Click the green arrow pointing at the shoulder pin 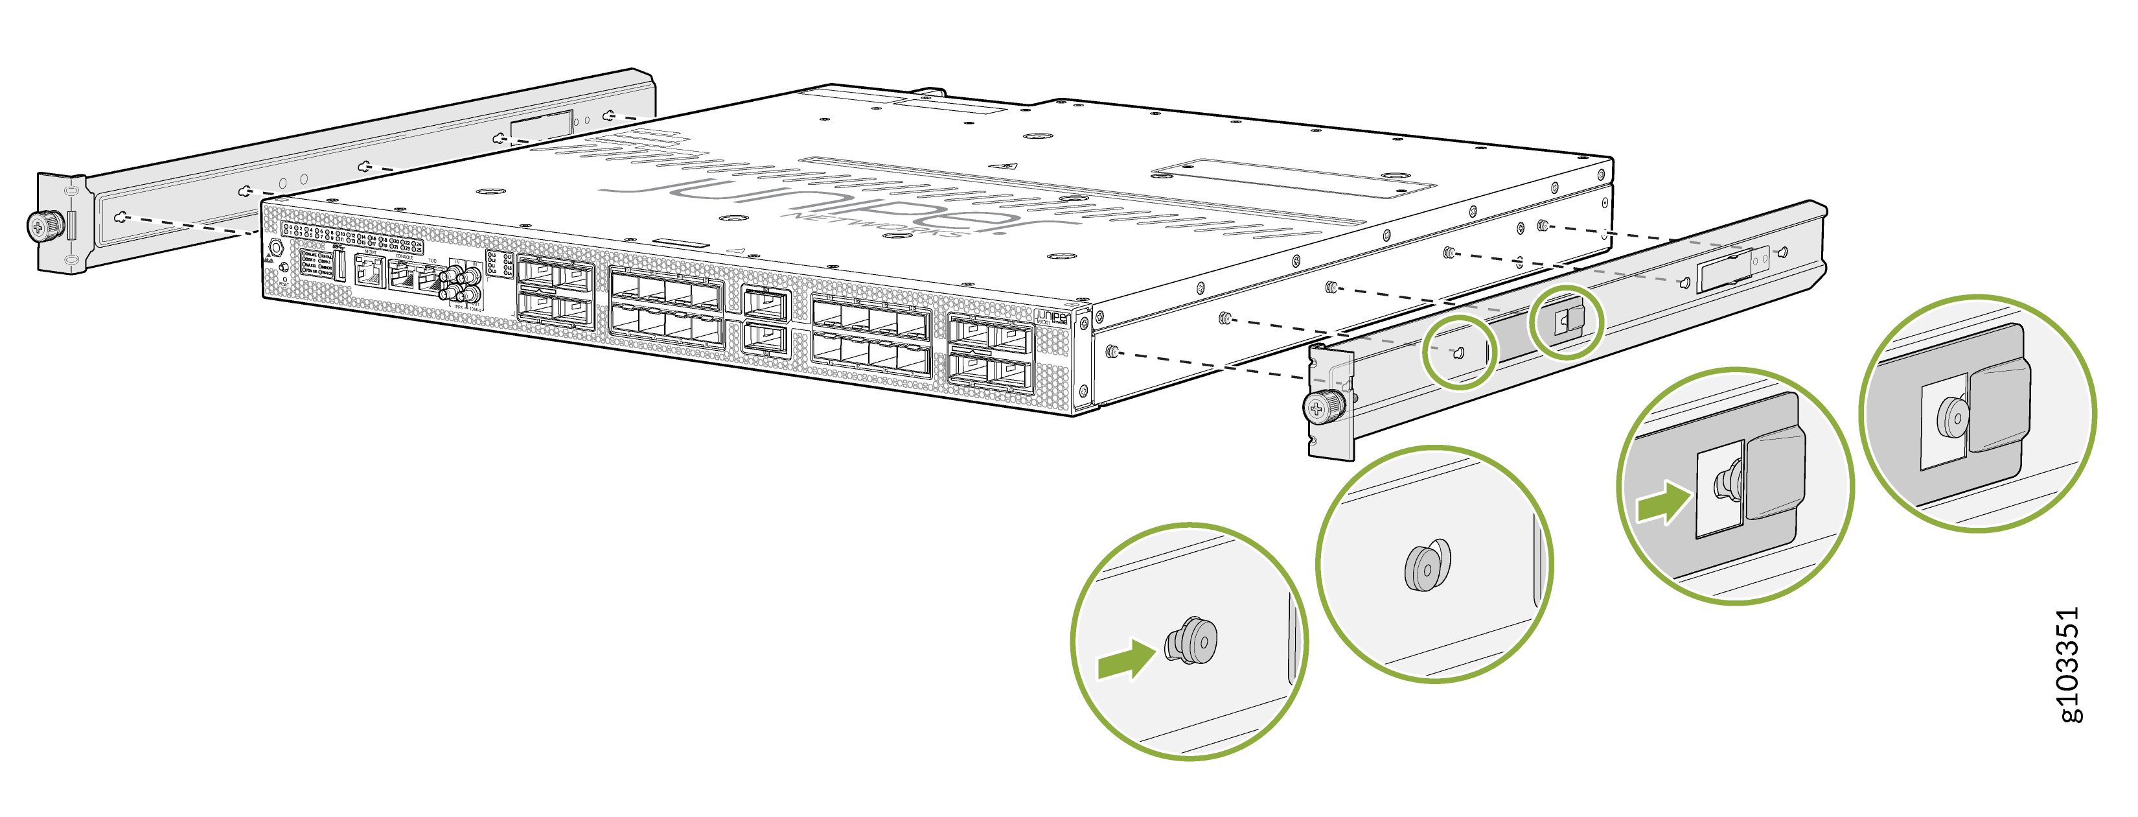[x=1125, y=660]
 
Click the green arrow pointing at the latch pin [x=1662, y=504]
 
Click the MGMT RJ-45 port [x=368, y=270]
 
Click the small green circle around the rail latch [x=1565, y=322]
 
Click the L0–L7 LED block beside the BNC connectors [x=499, y=264]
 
